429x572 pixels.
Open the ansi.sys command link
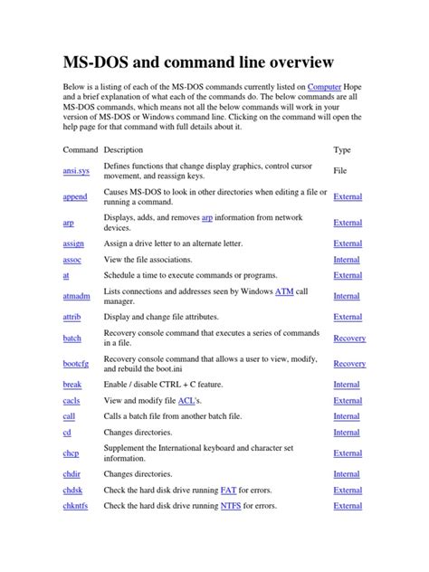pos(76,170)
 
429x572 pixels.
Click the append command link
pos(75,196)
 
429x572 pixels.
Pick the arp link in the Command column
pos(69,223)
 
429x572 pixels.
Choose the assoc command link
pos(72,260)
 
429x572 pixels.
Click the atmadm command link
pos(76,296)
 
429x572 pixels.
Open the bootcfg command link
pos(77,364)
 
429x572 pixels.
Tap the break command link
pos(71,385)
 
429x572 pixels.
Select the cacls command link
pos(71,400)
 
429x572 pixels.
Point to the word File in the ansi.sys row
pos(340,170)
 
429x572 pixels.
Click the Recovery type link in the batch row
pos(349,338)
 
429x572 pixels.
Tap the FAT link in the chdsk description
pos(228,490)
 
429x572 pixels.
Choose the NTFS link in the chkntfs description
pos(231,506)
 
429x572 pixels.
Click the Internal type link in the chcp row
pos(347,453)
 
